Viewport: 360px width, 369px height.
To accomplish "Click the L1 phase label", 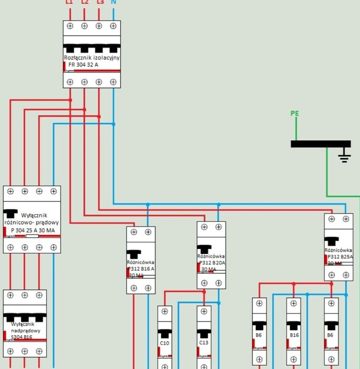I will tap(69, 3).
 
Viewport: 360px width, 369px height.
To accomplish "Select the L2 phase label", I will tap(84, 3).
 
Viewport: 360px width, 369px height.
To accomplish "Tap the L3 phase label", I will tap(100, 3).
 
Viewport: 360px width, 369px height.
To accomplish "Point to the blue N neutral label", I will tap(113, 3).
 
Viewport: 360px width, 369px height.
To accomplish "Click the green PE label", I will tap(295, 113).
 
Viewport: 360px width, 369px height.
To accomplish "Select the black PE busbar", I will tap(320, 144).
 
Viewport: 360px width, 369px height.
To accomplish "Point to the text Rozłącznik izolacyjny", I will tap(92, 57).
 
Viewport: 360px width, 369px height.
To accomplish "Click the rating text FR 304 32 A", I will tap(83, 64).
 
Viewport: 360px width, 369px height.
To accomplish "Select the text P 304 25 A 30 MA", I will tap(33, 230).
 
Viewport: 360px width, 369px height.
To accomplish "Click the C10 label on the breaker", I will tap(164, 343).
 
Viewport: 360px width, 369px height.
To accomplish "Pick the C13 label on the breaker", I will tap(204, 343).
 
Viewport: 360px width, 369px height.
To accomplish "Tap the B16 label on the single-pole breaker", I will tap(294, 335).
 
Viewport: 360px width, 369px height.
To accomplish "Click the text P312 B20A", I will tap(211, 262).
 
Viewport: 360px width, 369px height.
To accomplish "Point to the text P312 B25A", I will tap(339, 257).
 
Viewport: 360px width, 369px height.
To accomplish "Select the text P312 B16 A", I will tap(141, 268).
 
